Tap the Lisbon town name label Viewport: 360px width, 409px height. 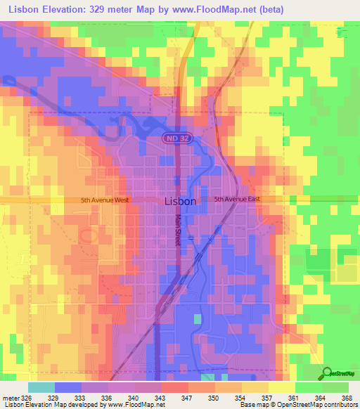tap(180, 200)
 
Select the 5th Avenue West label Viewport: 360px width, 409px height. tap(105, 200)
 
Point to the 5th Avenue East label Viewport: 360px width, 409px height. tap(238, 200)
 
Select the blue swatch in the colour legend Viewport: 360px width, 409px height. tap(68, 387)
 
